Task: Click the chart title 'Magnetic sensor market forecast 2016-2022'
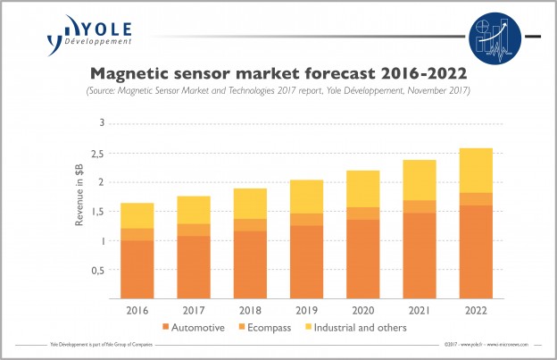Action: (278, 71)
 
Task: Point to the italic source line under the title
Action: (278, 90)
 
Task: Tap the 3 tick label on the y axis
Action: (102, 123)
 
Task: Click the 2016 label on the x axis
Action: (138, 310)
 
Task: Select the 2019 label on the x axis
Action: (307, 310)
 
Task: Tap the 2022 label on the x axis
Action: (476, 310)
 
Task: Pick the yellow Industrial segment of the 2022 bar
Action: (476, 170)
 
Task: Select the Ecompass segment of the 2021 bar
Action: (420, 206)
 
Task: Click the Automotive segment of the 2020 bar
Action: (363, 259)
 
